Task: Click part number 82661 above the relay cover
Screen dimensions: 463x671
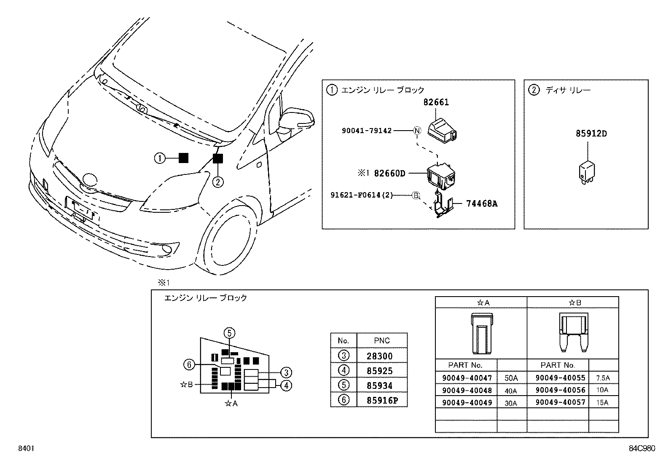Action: click(x=436, y=102)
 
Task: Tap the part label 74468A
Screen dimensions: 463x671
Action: click(x=481, y=203)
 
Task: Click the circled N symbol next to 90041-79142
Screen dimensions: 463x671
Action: click(x=417, y=131)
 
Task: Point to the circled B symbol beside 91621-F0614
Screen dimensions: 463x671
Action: click(x=416, y=195)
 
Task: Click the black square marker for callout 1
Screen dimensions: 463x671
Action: click(x=183, y=158)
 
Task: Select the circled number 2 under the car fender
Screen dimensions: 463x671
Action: click(x=217, y=182)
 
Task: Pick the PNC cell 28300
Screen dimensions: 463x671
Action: click(x=379, y=356)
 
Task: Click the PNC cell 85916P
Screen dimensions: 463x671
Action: click(x=382, y=400)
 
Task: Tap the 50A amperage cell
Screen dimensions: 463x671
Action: click(x=511, y=379)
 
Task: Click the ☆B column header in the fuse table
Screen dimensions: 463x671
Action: click(x=574, y=302)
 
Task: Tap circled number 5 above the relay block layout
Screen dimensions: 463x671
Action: click(x=229, y=333)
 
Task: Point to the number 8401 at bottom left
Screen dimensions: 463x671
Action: click(x=25, y=449)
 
